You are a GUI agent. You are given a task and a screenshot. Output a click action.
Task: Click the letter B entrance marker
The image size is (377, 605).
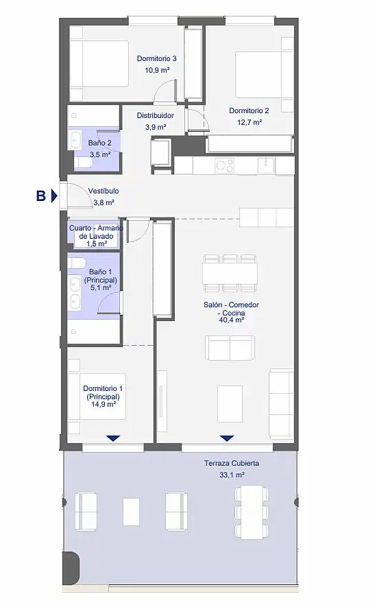click(x=41, y=195)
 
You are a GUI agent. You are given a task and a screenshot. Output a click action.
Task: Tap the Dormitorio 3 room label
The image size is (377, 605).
click(x=156, y=59)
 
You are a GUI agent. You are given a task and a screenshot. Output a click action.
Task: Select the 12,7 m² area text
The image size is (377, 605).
click(x=250, y=122)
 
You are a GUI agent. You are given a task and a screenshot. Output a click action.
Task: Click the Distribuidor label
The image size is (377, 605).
click(x=156, y=115)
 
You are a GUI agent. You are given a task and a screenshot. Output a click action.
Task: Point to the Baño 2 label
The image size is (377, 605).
click(x=99, y=143)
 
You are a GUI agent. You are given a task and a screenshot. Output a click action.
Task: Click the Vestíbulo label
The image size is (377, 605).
click(x=104, y=191)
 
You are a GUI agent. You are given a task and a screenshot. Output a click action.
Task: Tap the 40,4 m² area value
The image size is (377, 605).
click(x=231, y=320)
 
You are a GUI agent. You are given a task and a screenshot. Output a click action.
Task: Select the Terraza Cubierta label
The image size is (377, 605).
click(x=232, y=463)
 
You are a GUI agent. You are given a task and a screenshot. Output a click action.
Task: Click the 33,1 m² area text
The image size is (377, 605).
click(x=232, y=475)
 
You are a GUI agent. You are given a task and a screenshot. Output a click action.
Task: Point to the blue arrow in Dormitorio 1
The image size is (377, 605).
click(x=113, y=438)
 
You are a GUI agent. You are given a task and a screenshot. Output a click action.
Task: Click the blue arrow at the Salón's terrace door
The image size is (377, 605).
click(x=227, y=438)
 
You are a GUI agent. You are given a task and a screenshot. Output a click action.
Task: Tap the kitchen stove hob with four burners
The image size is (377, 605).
click(x=225, y=165)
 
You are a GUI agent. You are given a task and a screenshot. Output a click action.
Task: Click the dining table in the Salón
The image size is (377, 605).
click(x=230, y=274)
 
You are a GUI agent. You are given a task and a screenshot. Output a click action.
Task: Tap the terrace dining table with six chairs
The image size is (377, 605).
click(x=251, y=509)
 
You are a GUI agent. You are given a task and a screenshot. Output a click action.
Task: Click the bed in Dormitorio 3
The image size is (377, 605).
click(x=99, y=64)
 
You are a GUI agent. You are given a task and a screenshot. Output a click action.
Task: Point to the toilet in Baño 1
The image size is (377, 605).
click(x=77, y=263)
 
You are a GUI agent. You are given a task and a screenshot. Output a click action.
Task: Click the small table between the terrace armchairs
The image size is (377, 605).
click(x=131, y=512)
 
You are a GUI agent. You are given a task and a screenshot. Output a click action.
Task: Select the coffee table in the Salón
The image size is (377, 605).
click(x=230, y=403)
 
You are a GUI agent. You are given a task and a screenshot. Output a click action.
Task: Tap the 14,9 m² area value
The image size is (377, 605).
click(x=104, y=405)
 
